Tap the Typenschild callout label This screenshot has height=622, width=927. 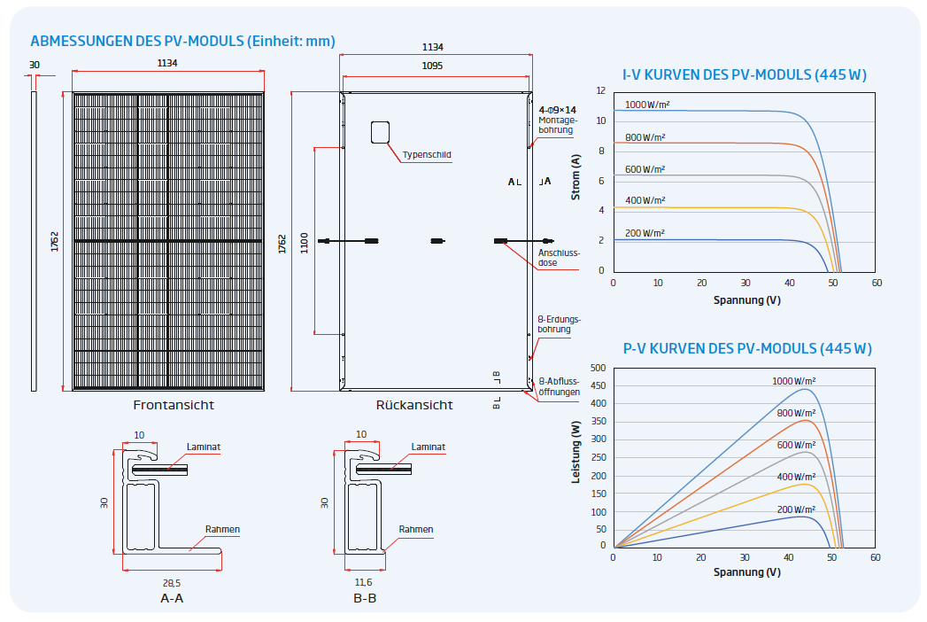click(x=427, y=154)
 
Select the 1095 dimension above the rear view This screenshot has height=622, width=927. click(x=432, y=66)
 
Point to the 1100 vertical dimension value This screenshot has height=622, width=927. click(x=304, y=241)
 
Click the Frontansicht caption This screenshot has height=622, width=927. click(x=174, y=405)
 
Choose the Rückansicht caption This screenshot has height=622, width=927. click(x=414, y=405)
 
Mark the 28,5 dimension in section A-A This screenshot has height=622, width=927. click(x=172, y=582)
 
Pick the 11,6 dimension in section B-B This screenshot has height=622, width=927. click(x=363, y=582)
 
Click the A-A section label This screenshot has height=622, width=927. click(x=172, y=598)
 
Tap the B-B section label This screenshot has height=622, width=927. click(x=365, y=598)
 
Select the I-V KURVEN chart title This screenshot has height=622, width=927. click(x=744, y=75)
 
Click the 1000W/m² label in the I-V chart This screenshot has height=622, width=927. click(x=647, y=105)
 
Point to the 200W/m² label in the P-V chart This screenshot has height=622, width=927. click(x=796, y=509)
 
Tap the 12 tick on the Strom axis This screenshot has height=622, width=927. click(x=600, y=91)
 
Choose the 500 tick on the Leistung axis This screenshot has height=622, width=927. click(x=598, y=368)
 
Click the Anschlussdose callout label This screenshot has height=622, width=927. click(x=559, y=258)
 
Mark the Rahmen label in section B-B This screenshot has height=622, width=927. click(x=415, y=530)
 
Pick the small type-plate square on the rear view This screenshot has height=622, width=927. click(x=380, y=131)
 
